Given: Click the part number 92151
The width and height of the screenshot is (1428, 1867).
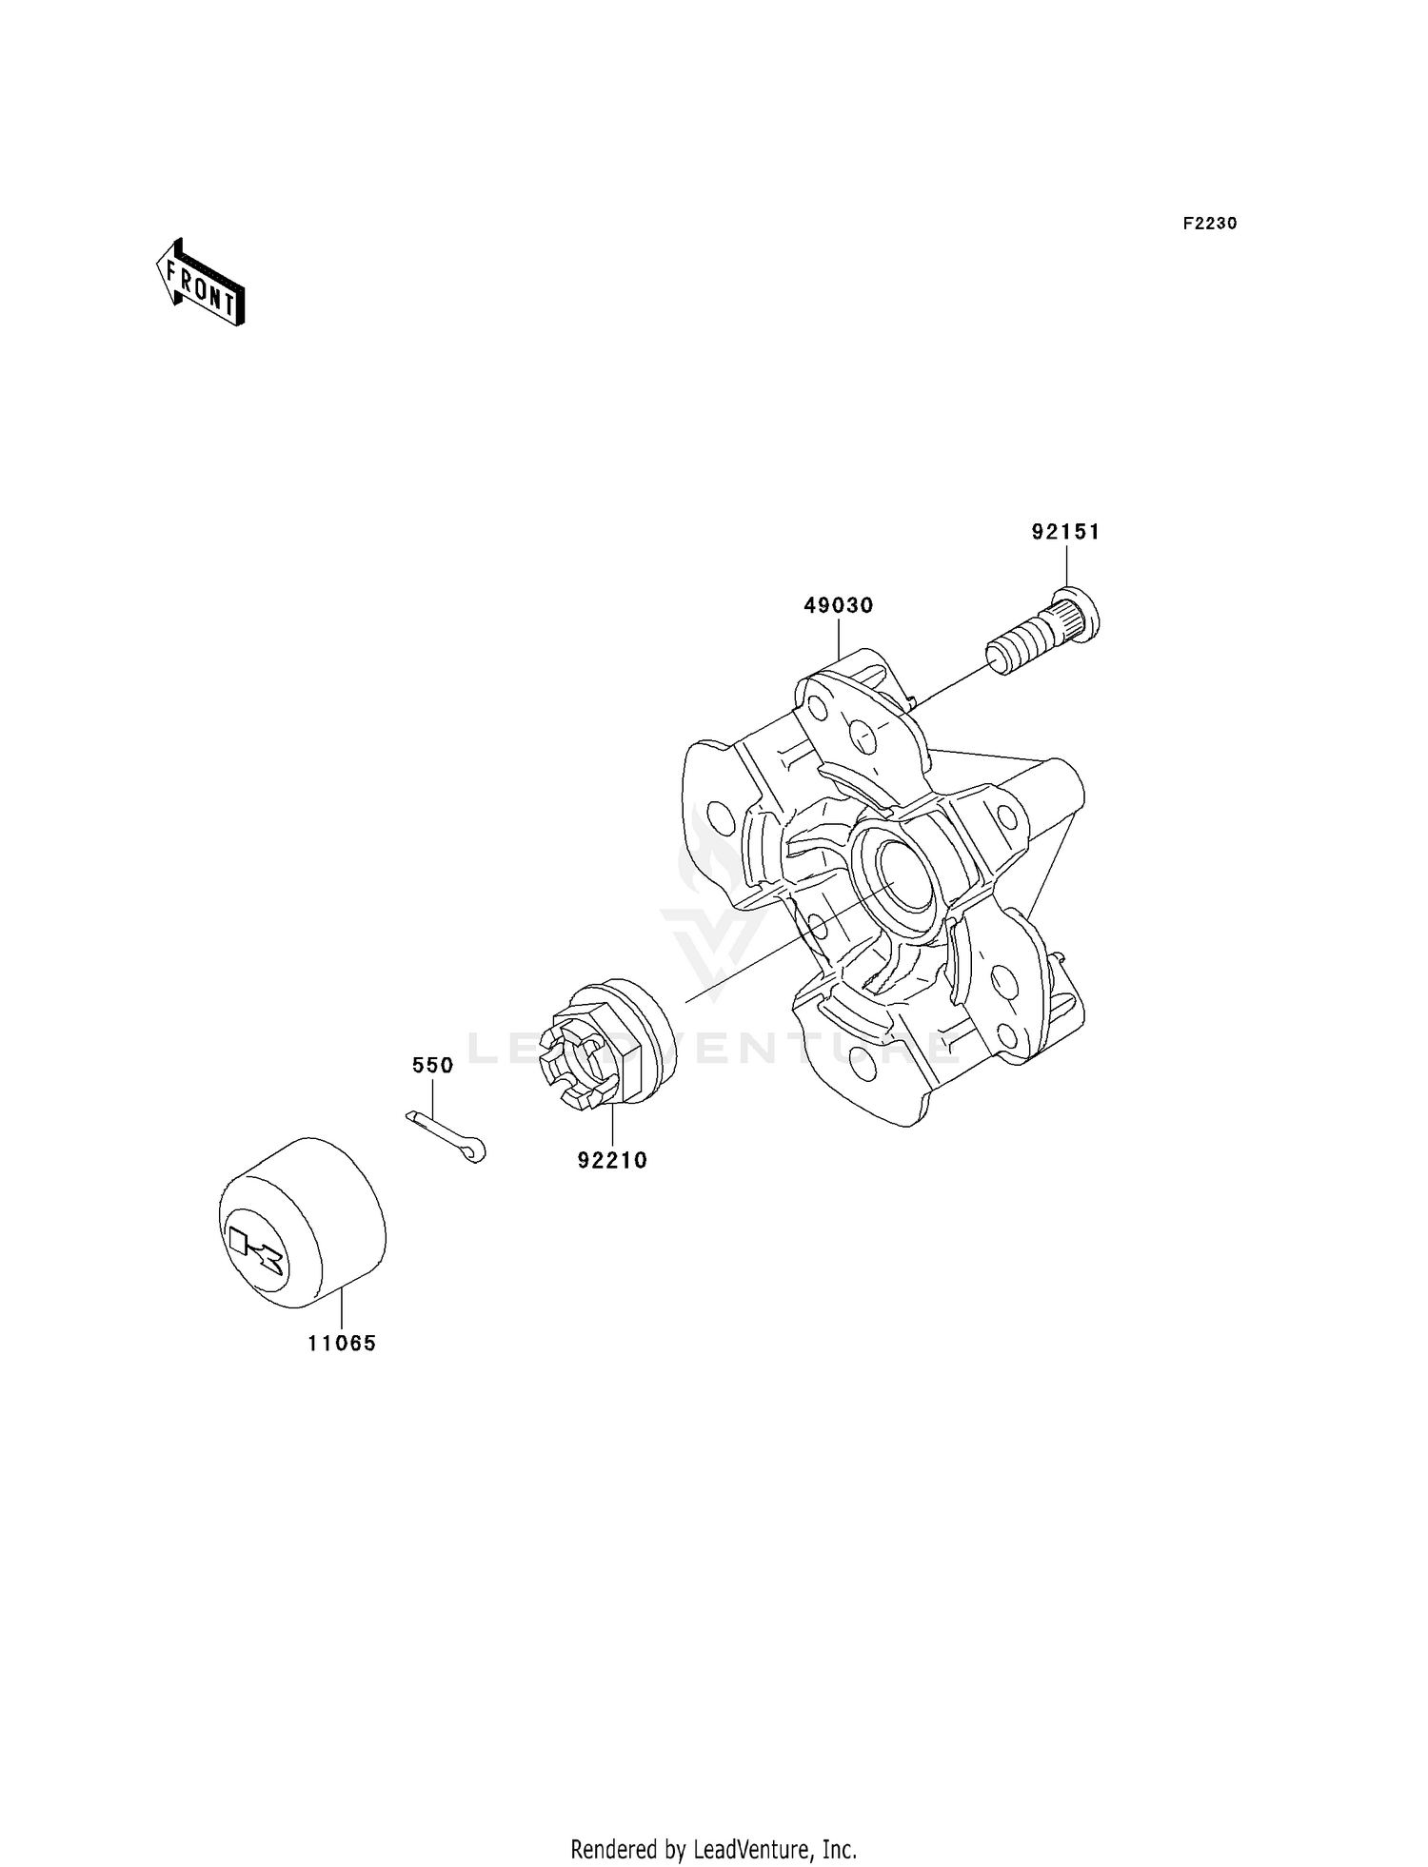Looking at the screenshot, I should coord(1065,532).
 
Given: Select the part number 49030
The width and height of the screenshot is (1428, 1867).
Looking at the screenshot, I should coord(838,605).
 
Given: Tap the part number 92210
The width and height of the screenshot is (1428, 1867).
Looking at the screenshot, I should coord(611,1160).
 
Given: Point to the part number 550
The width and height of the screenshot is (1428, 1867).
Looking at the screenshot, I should coord(432,1066).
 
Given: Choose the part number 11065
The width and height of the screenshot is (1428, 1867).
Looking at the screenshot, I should coord(342,1344).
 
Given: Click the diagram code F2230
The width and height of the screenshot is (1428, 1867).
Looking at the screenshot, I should coord(1209,224).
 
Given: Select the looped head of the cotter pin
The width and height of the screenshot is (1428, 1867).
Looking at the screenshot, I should coord(476,1151).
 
